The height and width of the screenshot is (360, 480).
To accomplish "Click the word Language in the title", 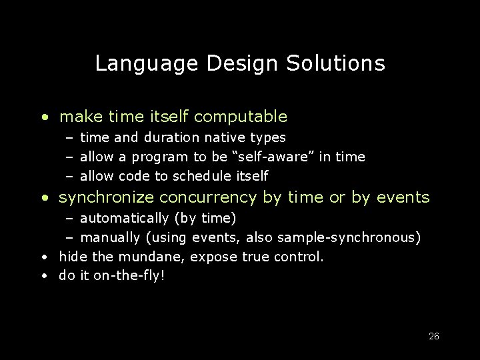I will [x=147, y=64].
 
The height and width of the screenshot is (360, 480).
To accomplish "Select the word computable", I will [x=242, y=117].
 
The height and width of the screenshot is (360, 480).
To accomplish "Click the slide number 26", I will [x=433, y=336].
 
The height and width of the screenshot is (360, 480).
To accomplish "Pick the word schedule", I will [x=199, y=176].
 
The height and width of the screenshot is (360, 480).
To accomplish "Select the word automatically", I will [x=124, y=218].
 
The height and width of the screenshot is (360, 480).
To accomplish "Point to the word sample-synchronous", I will [x=351, y=237].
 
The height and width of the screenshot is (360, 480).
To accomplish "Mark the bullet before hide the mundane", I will [x=43, y=257].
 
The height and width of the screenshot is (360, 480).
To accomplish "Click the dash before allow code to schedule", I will [x=69, y=176].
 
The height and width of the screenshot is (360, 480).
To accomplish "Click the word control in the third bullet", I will [x=301, y=256].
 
